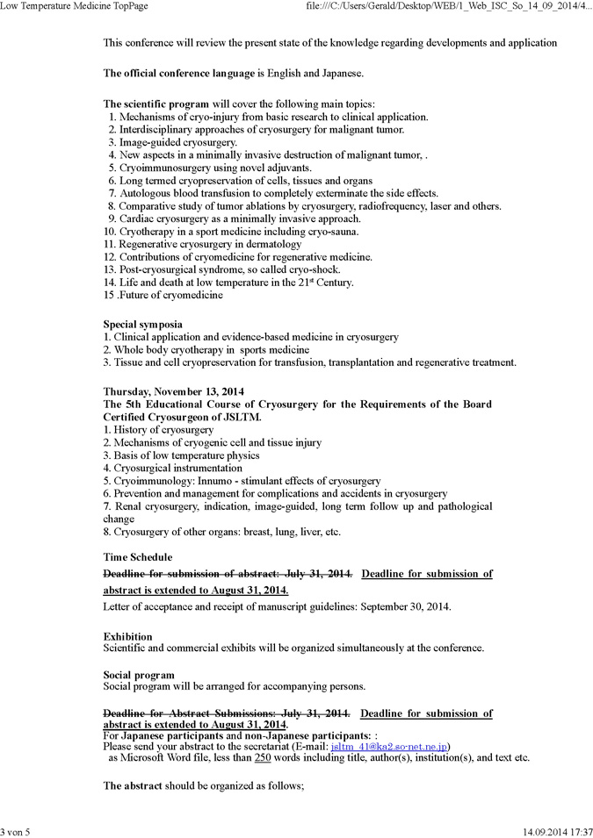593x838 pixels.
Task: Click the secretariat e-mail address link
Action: pos(390,746)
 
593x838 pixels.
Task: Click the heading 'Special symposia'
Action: pos(143,324)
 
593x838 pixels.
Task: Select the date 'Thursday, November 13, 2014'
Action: pos(174,390)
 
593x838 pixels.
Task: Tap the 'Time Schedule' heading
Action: pos(138,556)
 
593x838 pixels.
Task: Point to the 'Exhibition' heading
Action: pos(127,636)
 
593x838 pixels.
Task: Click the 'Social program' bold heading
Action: pos(139,675)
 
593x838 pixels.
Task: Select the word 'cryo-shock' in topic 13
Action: pos(314,269)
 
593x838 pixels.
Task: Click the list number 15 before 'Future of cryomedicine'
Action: pos(109,295)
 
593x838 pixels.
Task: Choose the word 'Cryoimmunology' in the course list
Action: pos(151,481)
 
